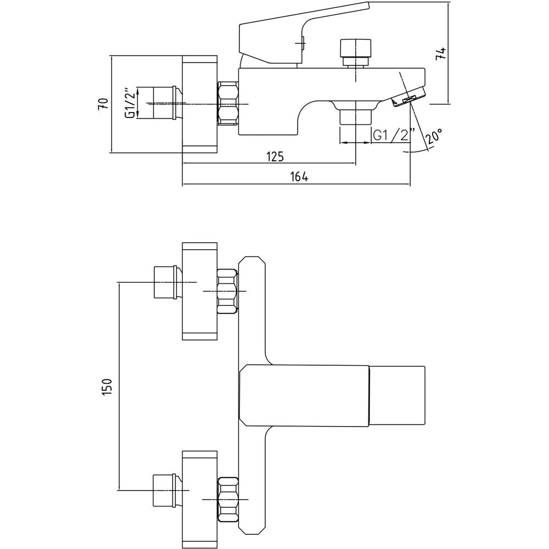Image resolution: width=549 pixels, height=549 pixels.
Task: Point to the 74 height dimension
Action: (440, 53)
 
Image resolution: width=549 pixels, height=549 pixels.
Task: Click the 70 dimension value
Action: (103, 104)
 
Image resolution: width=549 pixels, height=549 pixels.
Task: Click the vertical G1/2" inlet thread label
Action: (130, 103)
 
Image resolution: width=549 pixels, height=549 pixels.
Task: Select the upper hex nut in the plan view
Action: (227, 290)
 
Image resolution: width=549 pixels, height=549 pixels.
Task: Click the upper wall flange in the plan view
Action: (200, 291)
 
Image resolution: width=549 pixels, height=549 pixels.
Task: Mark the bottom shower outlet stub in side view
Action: (355, 116)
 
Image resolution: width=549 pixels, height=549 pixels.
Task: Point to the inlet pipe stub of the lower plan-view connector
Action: (164, 490)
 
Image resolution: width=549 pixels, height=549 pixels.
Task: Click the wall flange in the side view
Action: (200, 104)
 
